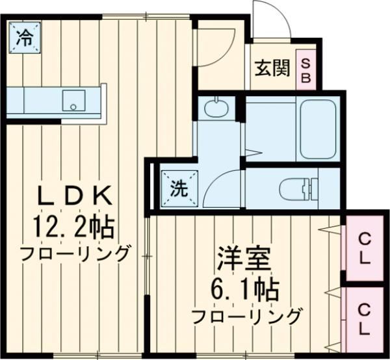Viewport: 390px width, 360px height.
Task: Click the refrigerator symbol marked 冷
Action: click(23, 37)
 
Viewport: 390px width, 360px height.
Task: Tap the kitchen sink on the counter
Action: click(71, 101)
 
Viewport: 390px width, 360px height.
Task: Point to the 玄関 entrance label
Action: click(272, 68)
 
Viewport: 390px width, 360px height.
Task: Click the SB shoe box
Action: click(306, 68)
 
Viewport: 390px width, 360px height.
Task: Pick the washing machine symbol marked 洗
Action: click(177, 188)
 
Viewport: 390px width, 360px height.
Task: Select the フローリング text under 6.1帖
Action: click(248, 316)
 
